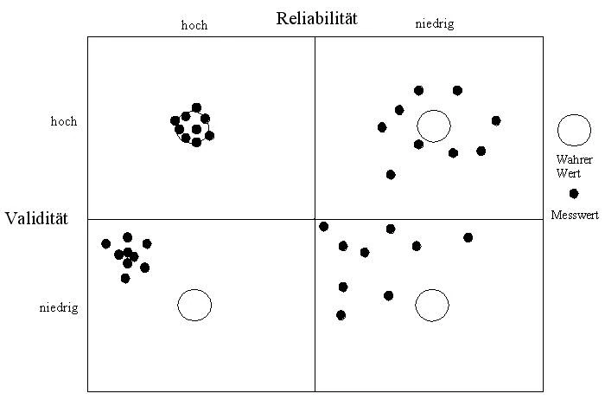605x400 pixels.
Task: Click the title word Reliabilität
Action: click(x=316, y=17)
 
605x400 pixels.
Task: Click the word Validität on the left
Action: click(x=35, y=217)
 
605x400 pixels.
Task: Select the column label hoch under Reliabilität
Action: click(x=194, y=25)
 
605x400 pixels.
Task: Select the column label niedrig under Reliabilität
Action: click(x=434, y=24)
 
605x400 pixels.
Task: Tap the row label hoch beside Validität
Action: click(x=64, y=122)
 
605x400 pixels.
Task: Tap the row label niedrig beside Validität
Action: click(x=59, y=307)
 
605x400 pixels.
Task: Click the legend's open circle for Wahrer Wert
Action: click(x=574, y=129)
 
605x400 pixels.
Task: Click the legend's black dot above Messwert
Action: click(x=574, y=193)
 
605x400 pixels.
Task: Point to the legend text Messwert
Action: click(x=575, y=214)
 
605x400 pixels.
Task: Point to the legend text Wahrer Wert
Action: click(x=574, y=166)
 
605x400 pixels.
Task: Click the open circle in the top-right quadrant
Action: click(x=434, y=126)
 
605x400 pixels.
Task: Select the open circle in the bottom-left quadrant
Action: click(x=194, y=305)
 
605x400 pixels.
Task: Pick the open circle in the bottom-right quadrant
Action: click(x=432, y=305)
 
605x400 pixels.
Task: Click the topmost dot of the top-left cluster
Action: click(x=196, y=107)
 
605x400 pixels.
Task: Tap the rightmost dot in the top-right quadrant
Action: click(x=496, y=120)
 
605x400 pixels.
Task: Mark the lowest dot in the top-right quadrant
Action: click(x=391, y=174)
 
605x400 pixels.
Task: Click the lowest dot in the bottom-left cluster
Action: click(x=125, y=278)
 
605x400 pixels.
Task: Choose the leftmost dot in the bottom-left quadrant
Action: click(x=105, y=243)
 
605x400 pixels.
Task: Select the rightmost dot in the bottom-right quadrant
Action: click(x=468, y=237)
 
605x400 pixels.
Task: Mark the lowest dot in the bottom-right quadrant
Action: click(x=341, y=315)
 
